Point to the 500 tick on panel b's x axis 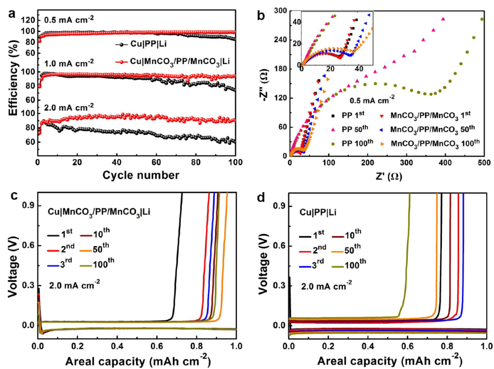[484, 162]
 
